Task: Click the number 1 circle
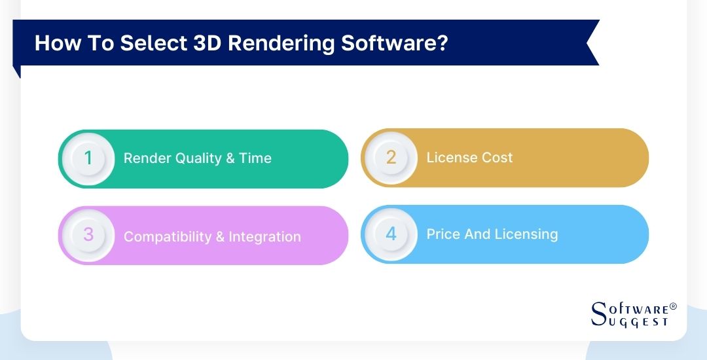pyautogui.click(x=89, y=158)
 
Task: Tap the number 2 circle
pyautogui.click(x=391, y=158)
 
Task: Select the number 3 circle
pyautogui.click(x=89, y=236)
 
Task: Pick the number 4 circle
pyautogui.click(x=391, y=234)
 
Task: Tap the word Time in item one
pyautogui.click(x=255, y=158)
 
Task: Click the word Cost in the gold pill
pyautogui.click(x=496, y=158)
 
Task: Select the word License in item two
pyautogui.click(x=451, y=158)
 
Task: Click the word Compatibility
pyautogui.click(x=168, y=237)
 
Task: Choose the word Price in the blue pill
pyautogui.click(x=443, y=234)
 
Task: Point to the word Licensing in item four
pyautogui.click(x=527, y=234)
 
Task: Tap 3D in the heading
pyautogui.click(x=207, y=43)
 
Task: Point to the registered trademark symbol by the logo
pyautogui.click(x=673, y=306)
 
